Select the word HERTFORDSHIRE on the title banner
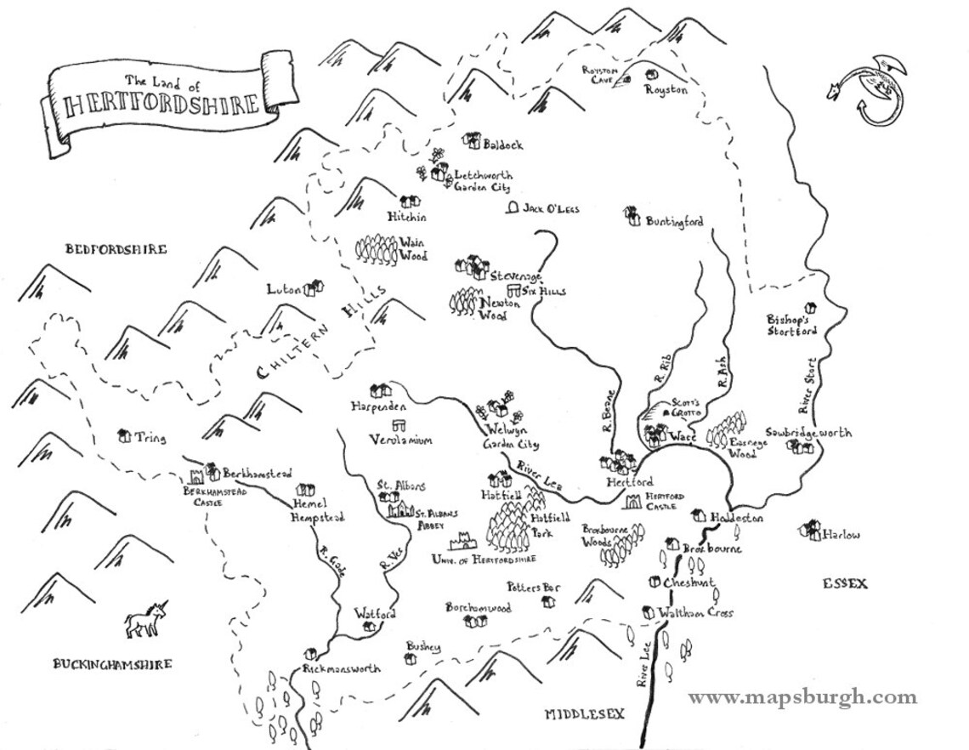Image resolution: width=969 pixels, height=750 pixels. tap(161, 105)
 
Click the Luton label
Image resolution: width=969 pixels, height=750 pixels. tap(284, 289)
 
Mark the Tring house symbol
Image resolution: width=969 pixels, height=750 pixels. tap(125, 436)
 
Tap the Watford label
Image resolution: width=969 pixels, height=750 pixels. tap(375, 613)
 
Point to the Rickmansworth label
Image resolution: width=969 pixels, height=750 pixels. tap(342, 669)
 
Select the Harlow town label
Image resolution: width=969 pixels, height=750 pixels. tap(841, 535)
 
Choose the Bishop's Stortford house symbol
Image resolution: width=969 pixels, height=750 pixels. tap(810, 307)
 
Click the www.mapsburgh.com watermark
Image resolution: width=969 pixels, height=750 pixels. tap(802, 698)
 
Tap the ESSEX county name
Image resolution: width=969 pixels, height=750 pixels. tap(844, 583)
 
